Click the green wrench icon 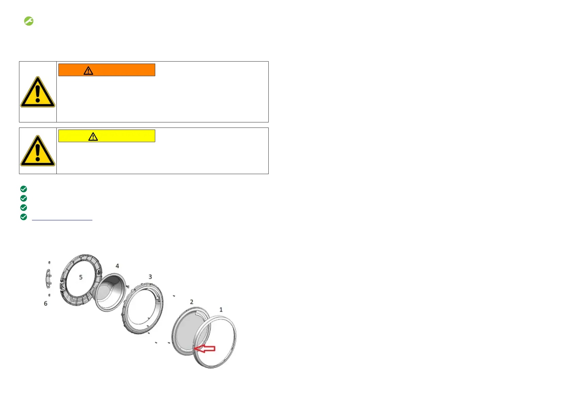(29, 21)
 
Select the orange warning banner (107, 70)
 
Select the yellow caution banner (107, 136)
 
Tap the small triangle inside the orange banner (88, 70)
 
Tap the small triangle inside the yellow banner (93, 137)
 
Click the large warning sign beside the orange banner (38, 92)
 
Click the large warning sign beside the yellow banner (38, 151)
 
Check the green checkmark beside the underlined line (23, 217)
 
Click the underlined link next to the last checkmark (62, 218)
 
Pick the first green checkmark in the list (23, 189)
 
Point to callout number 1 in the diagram (221, 309)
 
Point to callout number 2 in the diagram (192, 302)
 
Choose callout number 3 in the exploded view (150, 277)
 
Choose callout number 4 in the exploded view (117, 266)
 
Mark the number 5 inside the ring (81, 277)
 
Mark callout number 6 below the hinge (46, 303)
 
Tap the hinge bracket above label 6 (48, 279)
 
